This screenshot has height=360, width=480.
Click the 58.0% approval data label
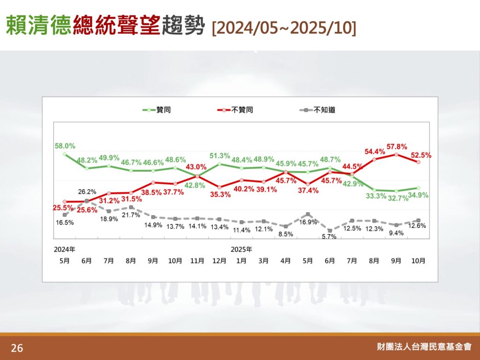pyautogui.click(x=65, y=146)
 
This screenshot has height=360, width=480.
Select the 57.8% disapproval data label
pyautogui.click(x=396, y=146)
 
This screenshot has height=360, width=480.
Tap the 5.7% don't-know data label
pyautogui.click(x=330, y=237)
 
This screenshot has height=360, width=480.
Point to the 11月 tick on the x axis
pyautogui.click(x=197, y=260)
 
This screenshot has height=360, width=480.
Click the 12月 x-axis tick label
pyautogui.click(x=219, y=260)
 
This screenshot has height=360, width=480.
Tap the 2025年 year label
pyautogui.click(x=241, y=249)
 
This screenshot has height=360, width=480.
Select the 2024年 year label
pyautogui.click(x=65, y=249)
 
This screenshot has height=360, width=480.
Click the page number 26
pyautogui.click(x=17, y=348)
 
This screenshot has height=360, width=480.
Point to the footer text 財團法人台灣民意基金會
pyautogui.click(x=424, y=347)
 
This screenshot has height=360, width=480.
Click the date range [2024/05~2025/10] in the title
pyautogui.click(x=284, y=27)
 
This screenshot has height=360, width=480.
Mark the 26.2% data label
pyautogui.click(x=87, y=192)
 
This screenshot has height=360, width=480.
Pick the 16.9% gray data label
pyautogui.click(x=307, y=222)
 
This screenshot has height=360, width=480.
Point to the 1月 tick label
pyautogui.click(x=241, y=260)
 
